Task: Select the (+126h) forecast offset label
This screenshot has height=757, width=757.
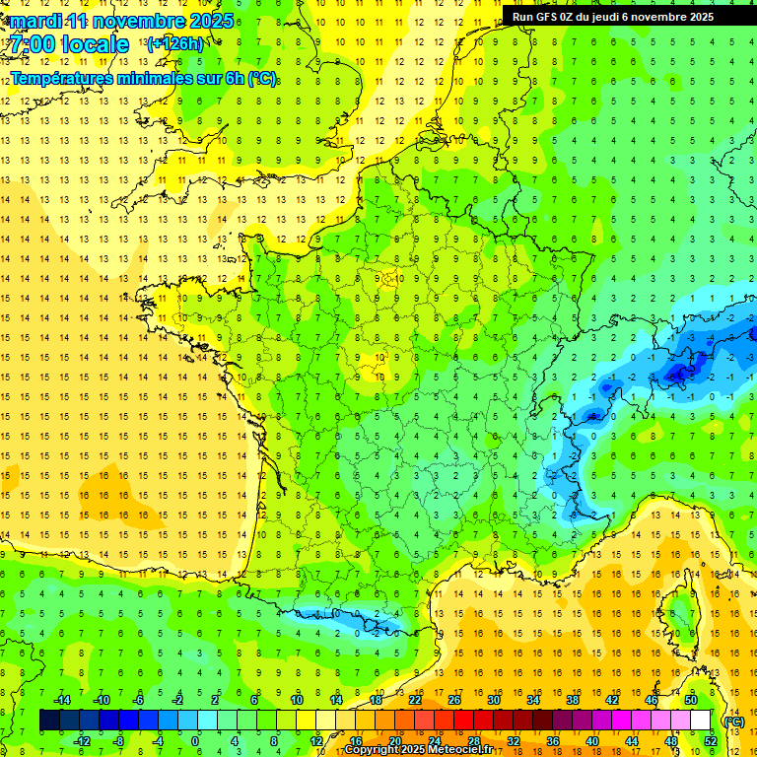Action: coord(175,43)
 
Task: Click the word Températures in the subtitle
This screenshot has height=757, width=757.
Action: coord(64,79)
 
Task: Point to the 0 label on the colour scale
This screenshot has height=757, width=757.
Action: coord(194,740)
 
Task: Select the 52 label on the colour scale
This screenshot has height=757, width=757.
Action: coord(711,740)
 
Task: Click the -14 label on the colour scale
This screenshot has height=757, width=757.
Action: coord(61,699)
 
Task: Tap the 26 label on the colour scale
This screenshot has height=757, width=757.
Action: coord(454,699)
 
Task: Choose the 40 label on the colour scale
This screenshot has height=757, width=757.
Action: coord(592,740)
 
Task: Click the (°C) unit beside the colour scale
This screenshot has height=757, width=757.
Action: coord(733,721)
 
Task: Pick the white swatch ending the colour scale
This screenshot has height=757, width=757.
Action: coord(701,721)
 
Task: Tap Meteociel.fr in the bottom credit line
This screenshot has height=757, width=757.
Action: coord(472,750)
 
